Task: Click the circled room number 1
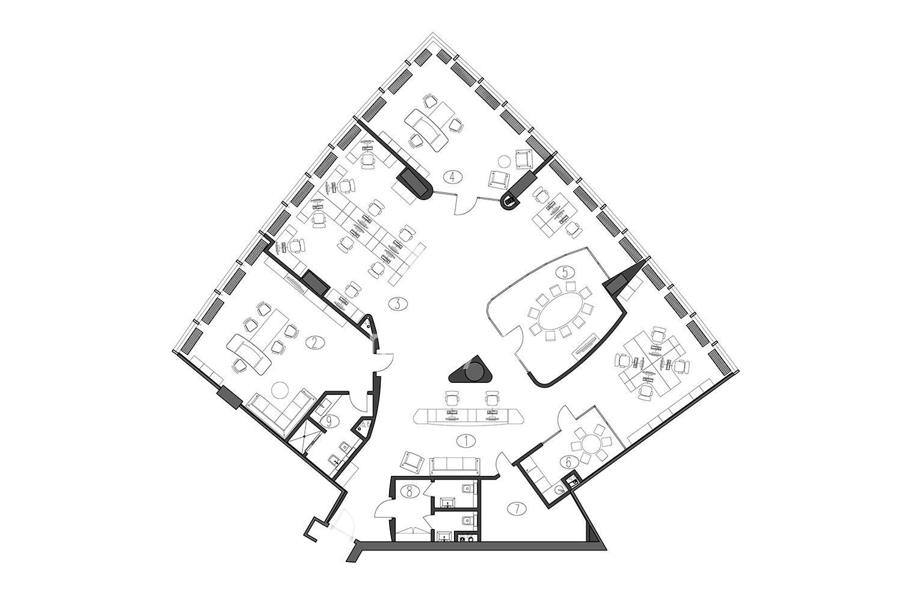[x=467, y=441]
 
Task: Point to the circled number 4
[x=453, y=177]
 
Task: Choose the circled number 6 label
[x=568, y=463]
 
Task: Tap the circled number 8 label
[x=410, y=491]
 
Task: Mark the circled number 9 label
[x=330, y=421]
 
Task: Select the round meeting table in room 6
[x=592, y=445]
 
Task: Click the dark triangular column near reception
[x=470, y=369]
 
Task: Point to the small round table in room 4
[x=504, y=162]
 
